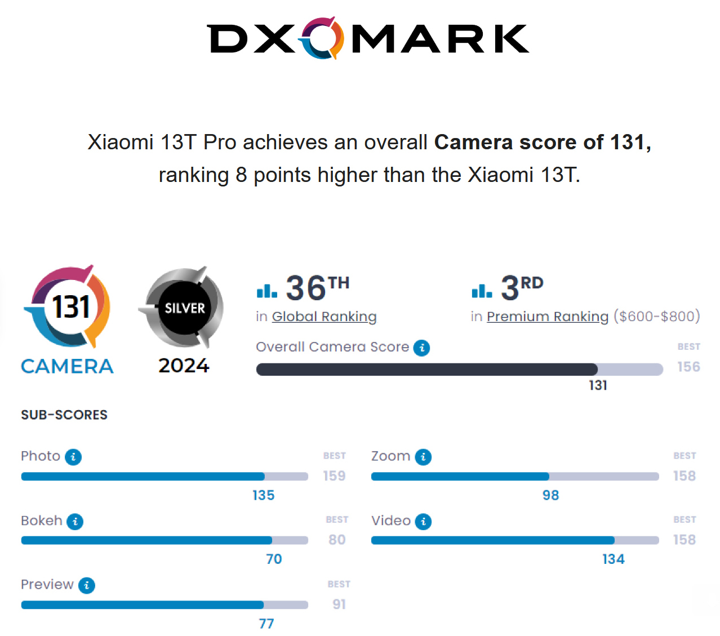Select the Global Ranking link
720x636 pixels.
point(324,317)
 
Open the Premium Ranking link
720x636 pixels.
point(548,317)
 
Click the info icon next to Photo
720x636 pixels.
point(73,457)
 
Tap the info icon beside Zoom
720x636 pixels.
point(423,457)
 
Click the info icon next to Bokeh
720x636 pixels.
point(75,522)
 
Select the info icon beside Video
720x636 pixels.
point(423,522)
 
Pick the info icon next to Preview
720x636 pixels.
point(86,586)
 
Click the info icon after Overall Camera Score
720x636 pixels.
point(421,348)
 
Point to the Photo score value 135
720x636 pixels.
point(263,495)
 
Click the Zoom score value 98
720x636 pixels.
point(550,495)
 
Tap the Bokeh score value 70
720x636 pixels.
point(274,559)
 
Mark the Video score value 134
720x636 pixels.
point(613,559)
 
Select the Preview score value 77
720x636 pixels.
point(266,624)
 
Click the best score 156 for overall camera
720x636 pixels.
point(688,367)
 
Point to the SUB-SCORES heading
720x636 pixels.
point(64,415)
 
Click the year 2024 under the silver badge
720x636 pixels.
point(184,366)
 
